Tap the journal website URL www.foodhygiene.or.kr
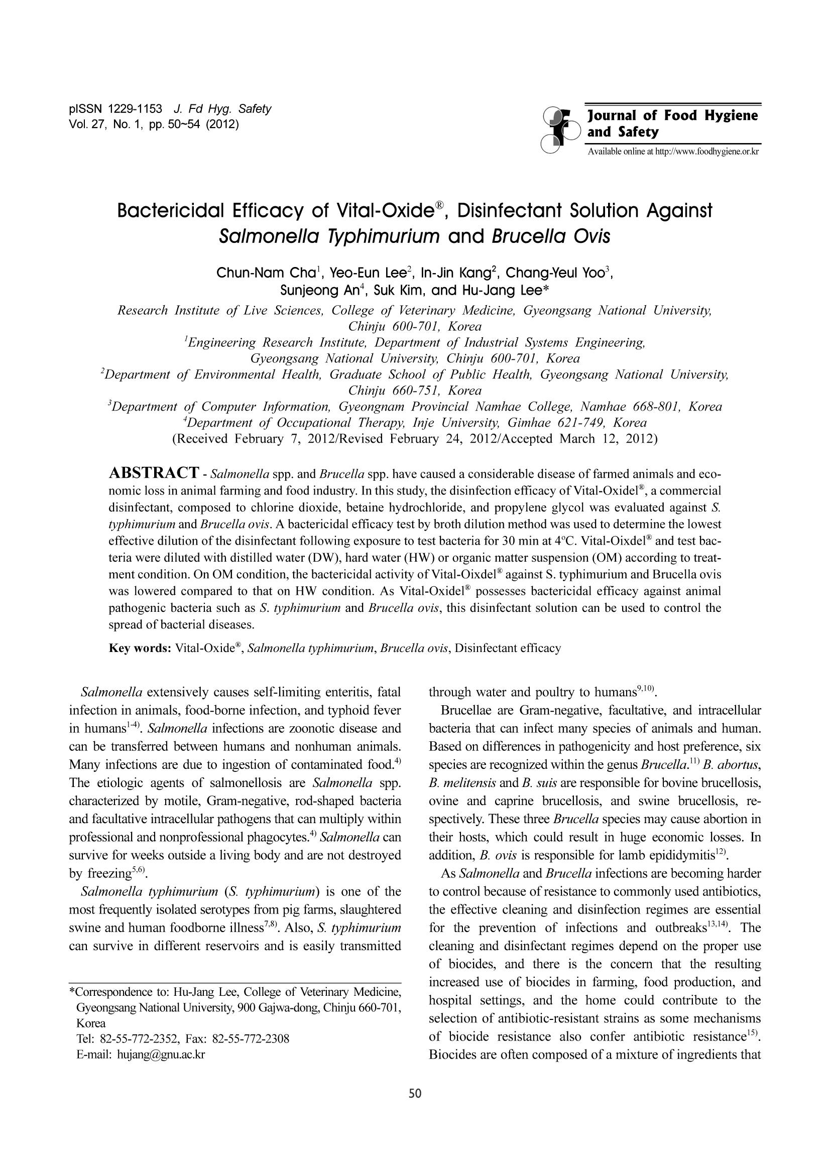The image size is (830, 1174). [707, 152]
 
